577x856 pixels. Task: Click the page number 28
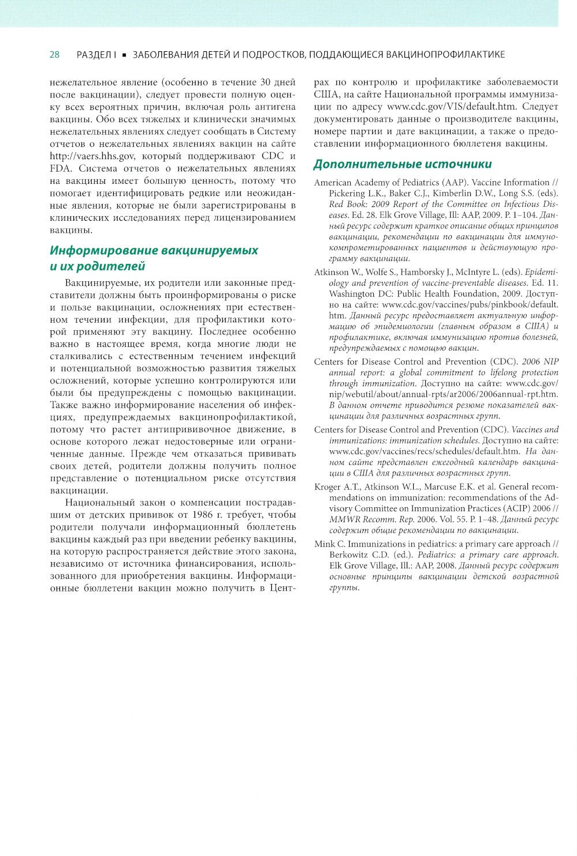pyautogui.click(x=55, y=55)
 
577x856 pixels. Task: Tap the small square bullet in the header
pyautogui.click(x=125, y=55)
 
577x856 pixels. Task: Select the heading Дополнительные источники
pyautogui.click(x=402, y=164)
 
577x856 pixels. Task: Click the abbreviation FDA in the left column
pyautogui.click(x=61, y=168)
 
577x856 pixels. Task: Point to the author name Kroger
pyautogui.click(x=328, y=487)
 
